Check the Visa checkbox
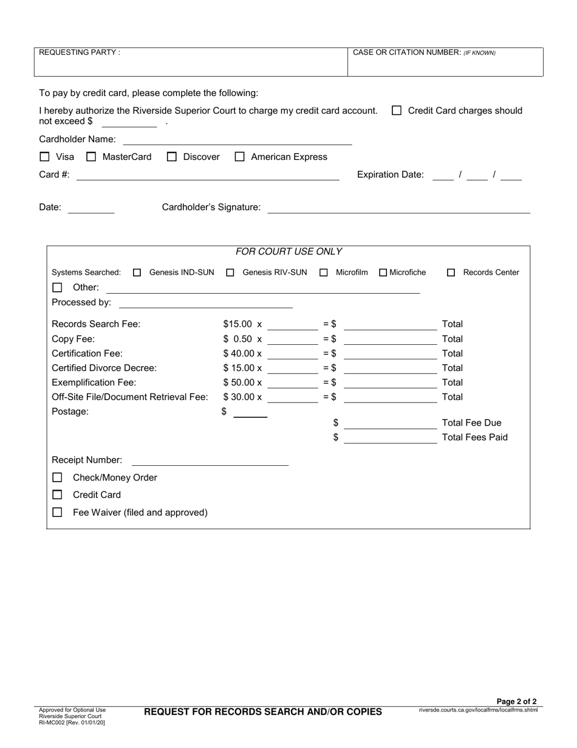pos(44,157)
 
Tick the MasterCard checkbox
pos(91,157)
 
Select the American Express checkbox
pos(239,157)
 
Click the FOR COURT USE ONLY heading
pos(288,251)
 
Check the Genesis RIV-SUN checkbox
pos(230,272)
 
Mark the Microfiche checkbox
pos(383,272)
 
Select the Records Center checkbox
pos(451,272)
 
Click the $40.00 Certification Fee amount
pos(239,353)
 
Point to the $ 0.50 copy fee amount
pos(237,339)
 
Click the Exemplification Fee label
pos(94,383)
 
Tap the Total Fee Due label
pos(472,423)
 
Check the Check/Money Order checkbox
pos(57,478)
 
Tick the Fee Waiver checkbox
pos(57,513)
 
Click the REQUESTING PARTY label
pos(80,52)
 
